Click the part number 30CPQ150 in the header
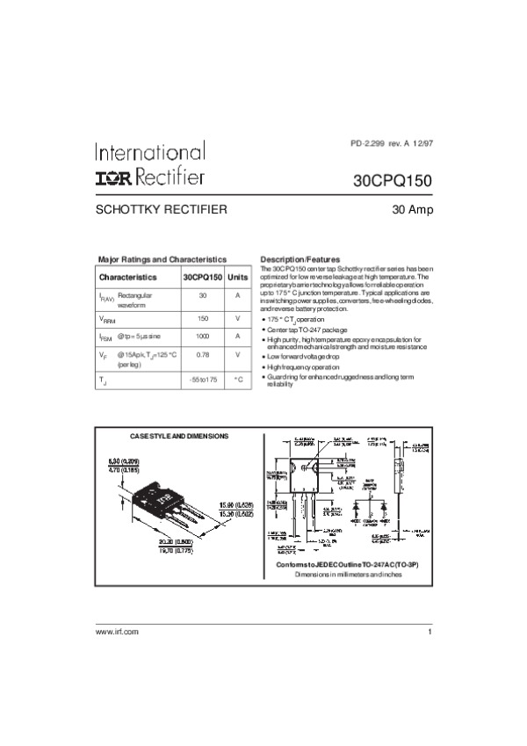(393, 181)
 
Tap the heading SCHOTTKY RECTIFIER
(162, 210)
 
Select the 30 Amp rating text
(413, 210)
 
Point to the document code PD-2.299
(369, 143)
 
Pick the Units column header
(237, 277)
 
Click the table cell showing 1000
(202, 337)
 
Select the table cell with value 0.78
(202, 354)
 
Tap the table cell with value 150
(202, 318)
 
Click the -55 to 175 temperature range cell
(202, 380)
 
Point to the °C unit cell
(237, 380)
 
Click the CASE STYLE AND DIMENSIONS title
(179, 437)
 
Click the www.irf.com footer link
(117, 633)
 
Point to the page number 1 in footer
(430, 633)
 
